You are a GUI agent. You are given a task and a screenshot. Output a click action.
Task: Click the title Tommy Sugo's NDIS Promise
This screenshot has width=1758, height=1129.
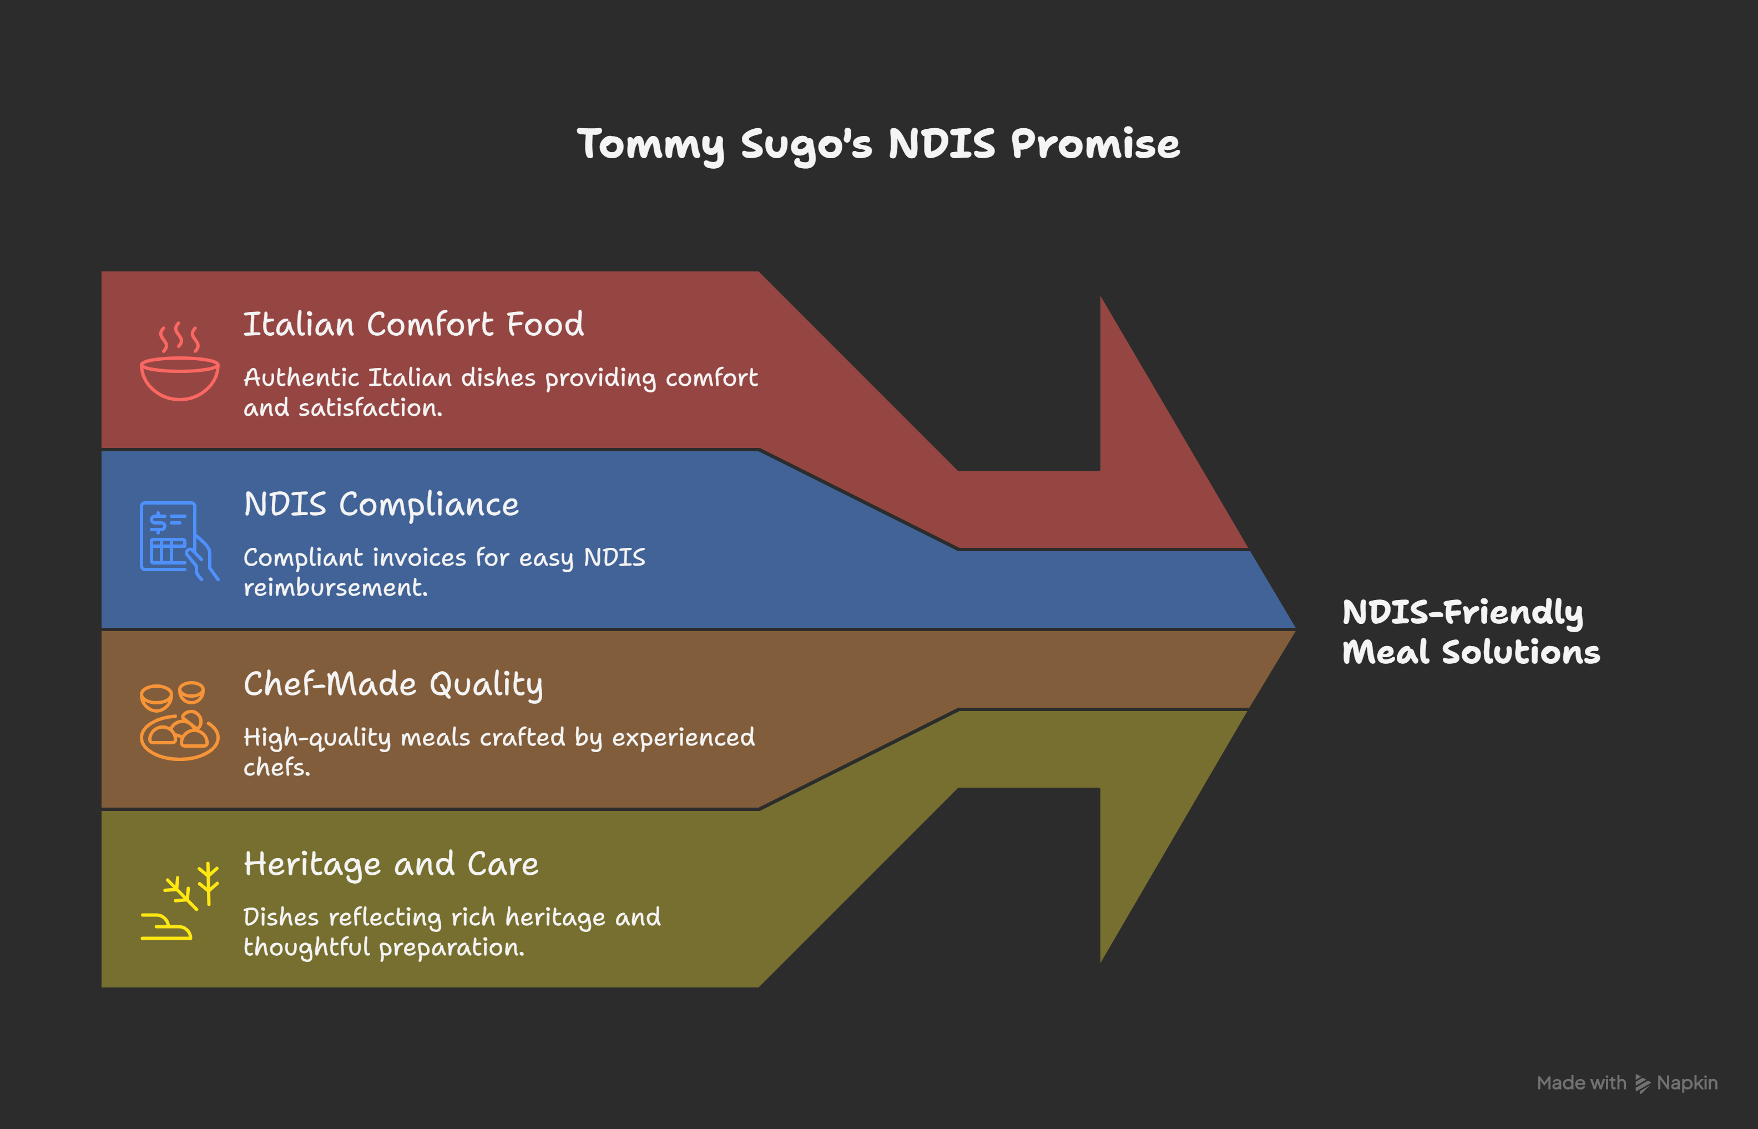878,144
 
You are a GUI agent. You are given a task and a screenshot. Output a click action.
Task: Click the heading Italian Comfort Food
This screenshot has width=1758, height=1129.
413,324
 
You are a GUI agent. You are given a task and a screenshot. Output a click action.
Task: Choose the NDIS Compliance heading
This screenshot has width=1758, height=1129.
381,505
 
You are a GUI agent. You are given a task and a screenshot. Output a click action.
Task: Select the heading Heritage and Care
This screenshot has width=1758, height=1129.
391,864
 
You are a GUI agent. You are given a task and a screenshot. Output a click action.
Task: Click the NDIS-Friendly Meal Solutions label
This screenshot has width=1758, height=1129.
1470,632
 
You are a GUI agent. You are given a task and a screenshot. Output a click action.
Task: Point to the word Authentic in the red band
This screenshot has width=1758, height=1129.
301,377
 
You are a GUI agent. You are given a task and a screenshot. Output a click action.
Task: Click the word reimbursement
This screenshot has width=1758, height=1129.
335,588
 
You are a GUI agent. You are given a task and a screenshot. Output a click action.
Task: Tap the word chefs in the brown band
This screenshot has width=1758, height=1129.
276,768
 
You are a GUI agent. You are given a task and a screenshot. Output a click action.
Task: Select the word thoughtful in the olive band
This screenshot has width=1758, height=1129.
306,947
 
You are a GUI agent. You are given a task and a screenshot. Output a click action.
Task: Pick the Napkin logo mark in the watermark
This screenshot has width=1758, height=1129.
1642,1083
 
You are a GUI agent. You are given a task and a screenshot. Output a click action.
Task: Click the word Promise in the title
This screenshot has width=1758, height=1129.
1095,144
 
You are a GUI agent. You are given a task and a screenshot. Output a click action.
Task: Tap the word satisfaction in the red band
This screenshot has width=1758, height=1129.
370,407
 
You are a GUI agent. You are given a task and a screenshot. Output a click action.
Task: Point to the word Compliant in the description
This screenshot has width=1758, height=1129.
304,558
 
